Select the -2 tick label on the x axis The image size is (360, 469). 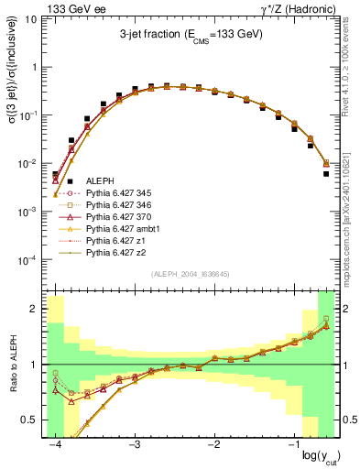214,443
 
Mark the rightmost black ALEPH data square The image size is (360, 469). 326,173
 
